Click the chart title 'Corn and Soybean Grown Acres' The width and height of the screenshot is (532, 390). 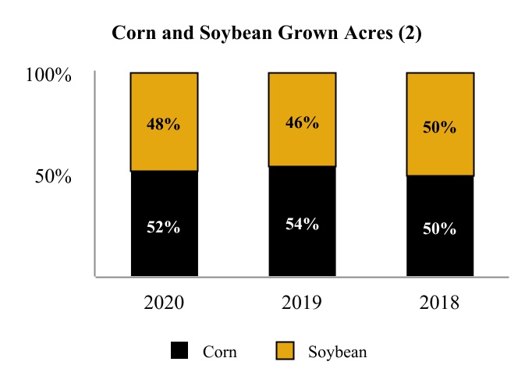coord(267,34)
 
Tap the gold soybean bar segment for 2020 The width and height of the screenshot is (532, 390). coord(164,101)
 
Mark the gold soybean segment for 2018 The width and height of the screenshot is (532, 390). coord(440,101)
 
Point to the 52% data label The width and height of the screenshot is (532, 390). coord(164,228)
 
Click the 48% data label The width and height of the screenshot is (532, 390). coord(164,124)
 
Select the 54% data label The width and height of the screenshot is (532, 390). coord(302,224)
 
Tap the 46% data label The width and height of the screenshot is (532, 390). coord(302,122)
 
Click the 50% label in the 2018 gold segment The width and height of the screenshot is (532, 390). coord(440,126)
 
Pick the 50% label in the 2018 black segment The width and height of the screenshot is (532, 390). coord(440,229)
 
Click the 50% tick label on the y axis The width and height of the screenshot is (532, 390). coord(54,176)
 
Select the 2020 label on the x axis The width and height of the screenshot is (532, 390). coord(164,302)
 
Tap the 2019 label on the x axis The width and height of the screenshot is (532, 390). coord(302,302)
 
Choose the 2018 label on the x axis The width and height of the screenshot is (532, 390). coord(440,302)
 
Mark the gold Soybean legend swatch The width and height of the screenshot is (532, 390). coord(285,351)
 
